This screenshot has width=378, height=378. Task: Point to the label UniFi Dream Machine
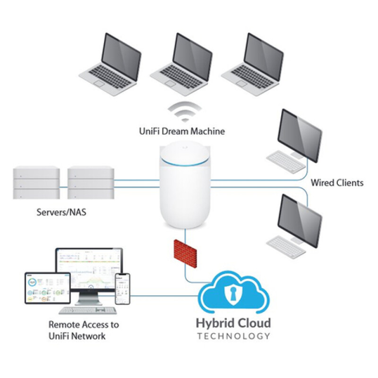[182, 131]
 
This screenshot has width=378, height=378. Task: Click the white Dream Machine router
[185, 184]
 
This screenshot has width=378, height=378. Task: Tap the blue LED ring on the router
[185, 163]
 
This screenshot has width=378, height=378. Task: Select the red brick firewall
[185, 253]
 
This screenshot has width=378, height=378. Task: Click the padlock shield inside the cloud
[232, 292]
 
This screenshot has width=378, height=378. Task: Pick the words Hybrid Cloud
[233, 323]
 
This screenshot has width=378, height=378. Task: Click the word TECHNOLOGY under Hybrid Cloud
[233, 336]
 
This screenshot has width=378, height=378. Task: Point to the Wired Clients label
[337, 182]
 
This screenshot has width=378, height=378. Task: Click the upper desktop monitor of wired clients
[300, 136]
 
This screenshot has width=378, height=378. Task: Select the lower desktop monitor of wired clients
[300, 221]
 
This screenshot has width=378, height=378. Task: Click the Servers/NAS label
[61, 212]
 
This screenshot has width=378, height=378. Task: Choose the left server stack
[36, 184]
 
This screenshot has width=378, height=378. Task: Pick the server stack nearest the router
[91, 184]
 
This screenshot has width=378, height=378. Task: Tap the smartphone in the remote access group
[122, 289]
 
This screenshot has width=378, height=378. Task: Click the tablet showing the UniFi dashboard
[48, 288]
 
